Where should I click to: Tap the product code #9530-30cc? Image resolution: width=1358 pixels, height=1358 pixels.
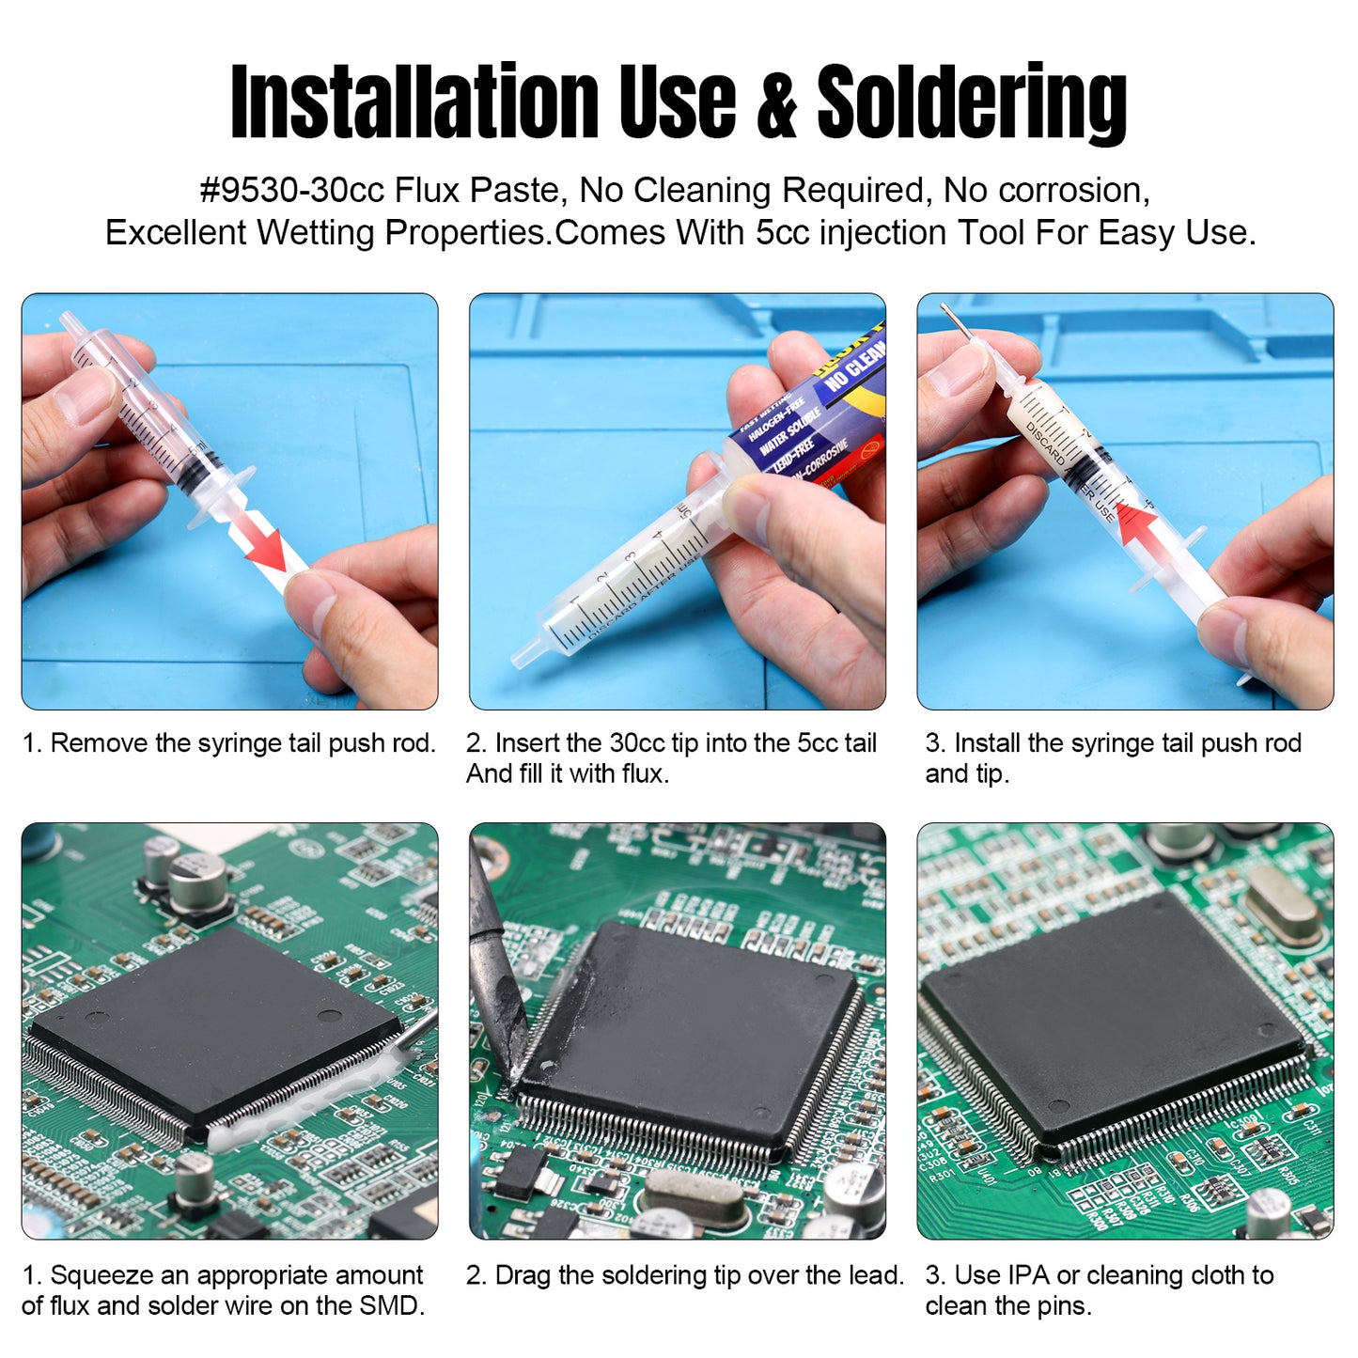click(x=291, y=191)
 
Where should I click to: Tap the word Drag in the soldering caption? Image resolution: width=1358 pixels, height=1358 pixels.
click(x=523, y=1275)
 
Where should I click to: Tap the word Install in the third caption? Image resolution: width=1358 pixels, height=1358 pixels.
click(x=987, y=743)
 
